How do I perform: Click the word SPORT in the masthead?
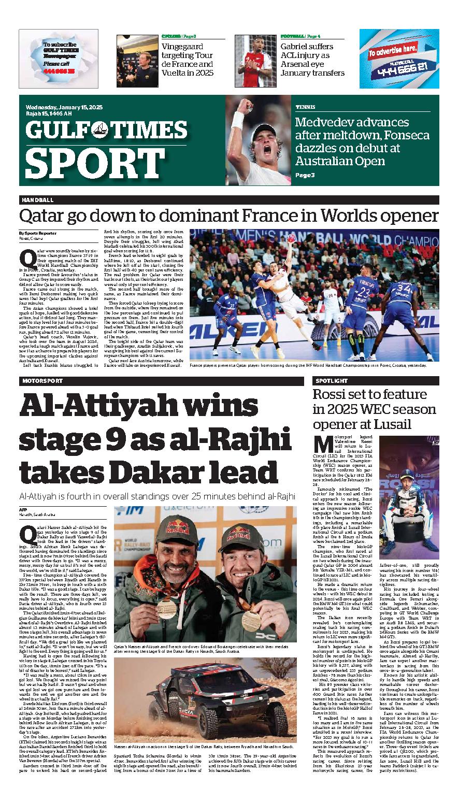[88, 163]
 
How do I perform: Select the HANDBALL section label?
[38, 200]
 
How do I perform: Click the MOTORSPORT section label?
[42, 381]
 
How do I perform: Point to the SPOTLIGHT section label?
[331, 381]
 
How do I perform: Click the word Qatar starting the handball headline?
[38, 216]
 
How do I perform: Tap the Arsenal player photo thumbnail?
[253, 60]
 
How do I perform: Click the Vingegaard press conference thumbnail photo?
[137, 60]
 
